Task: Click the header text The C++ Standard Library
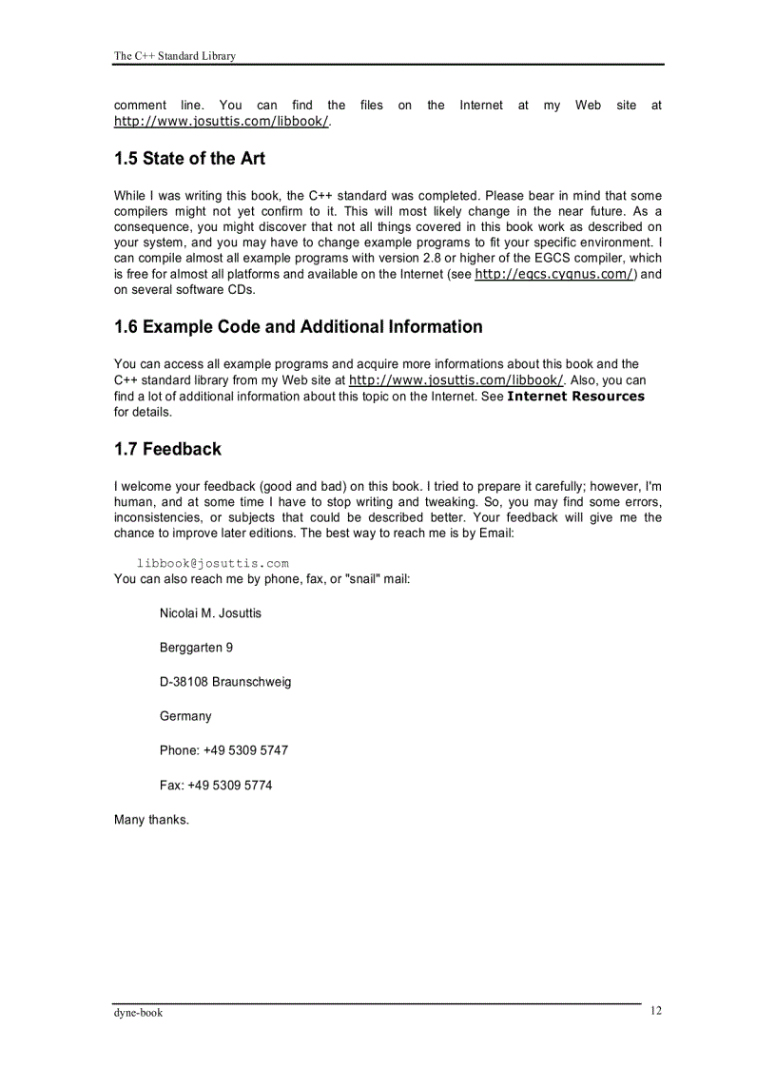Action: [175, 56]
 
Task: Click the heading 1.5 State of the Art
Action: [189, 159]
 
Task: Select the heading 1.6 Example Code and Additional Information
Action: [298, 327]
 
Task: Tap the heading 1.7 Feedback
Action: [167, 449]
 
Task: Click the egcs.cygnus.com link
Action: [554, 274]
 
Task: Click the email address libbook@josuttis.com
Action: [212, 563]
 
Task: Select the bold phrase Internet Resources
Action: [575, 397]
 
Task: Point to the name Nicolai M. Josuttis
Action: [210, 613]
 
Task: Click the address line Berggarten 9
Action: [196, 648]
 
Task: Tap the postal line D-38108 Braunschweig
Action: [225, 682]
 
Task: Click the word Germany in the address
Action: [185, 716]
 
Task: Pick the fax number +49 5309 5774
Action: [237, 786]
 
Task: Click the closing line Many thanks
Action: [151, 820]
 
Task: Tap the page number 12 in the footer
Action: [656, 1011]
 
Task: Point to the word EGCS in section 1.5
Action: [553, 259]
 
